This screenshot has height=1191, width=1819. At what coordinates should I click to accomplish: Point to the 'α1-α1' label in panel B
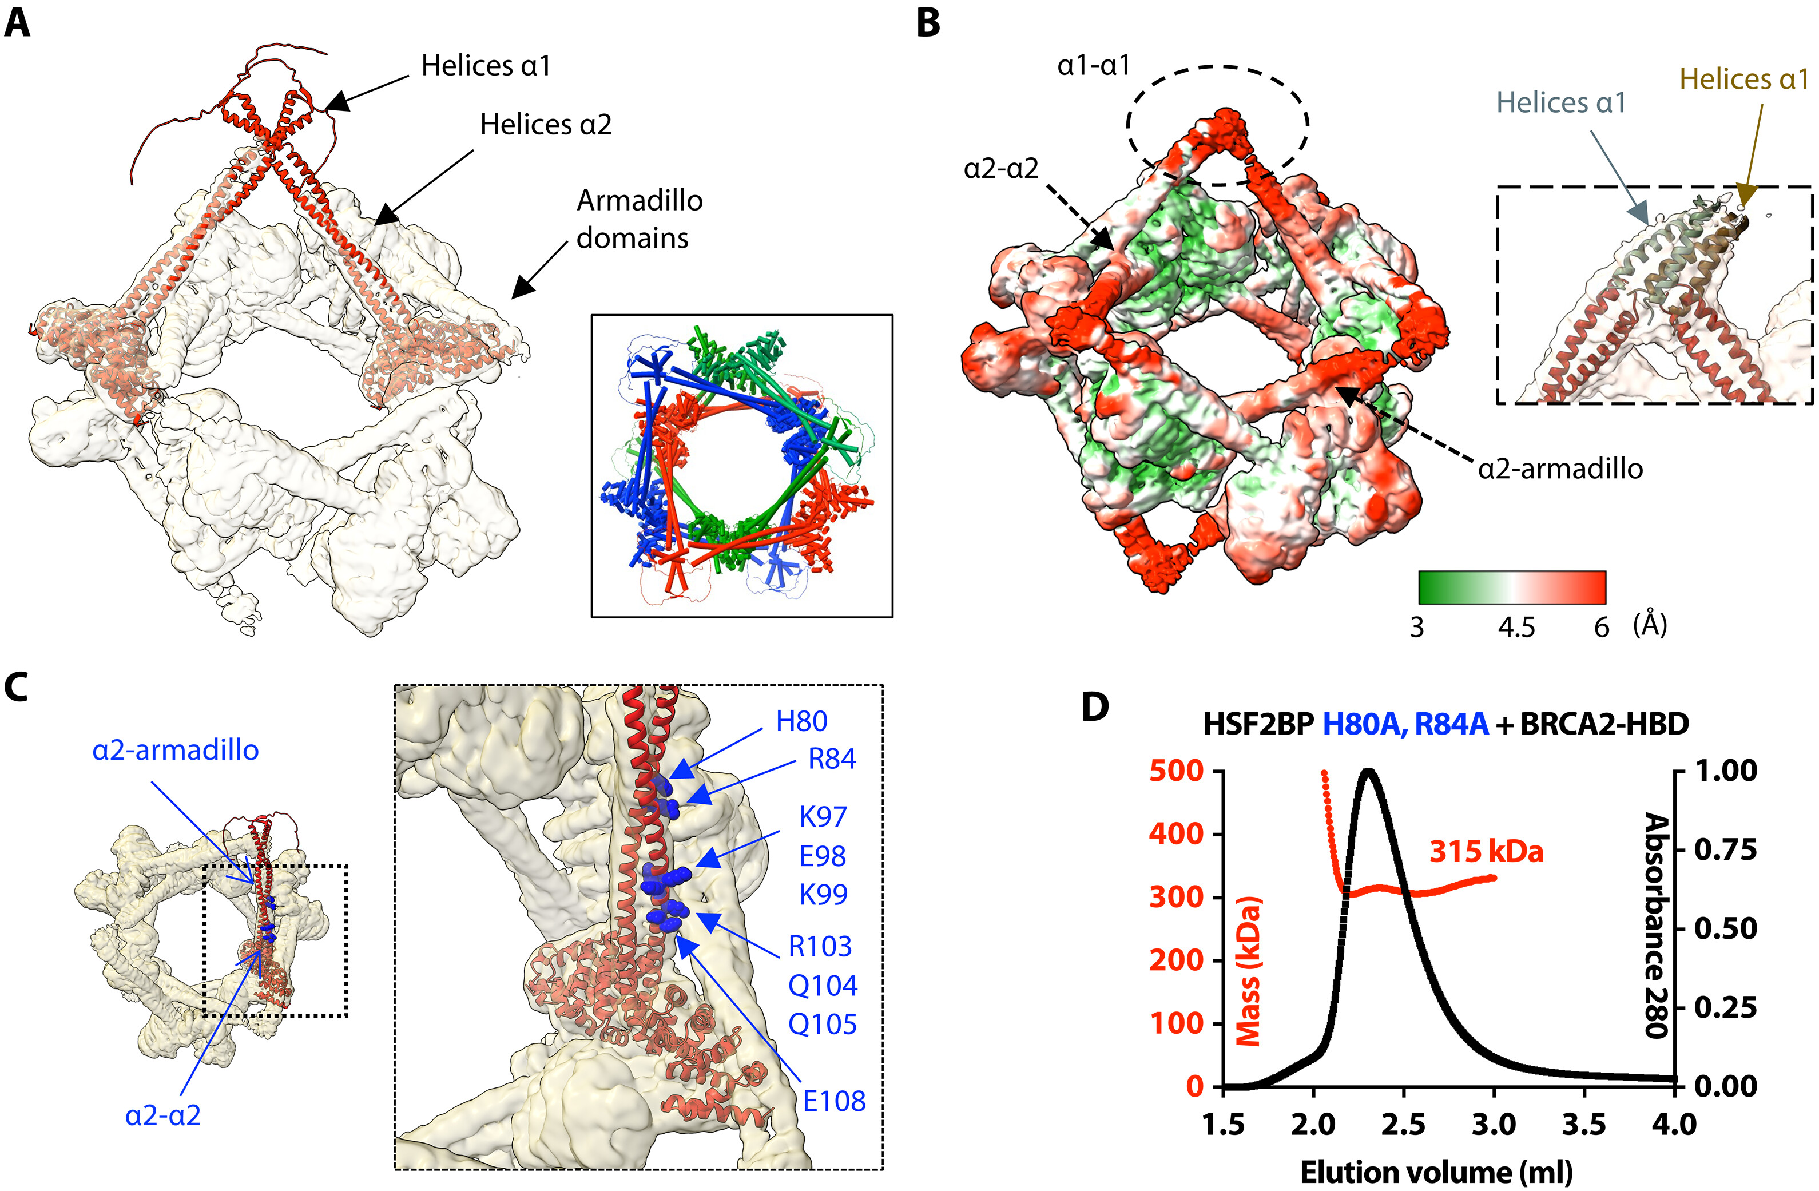click(x=1093, y=66)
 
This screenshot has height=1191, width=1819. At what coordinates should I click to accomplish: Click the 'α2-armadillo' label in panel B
click(x=1560, y=468)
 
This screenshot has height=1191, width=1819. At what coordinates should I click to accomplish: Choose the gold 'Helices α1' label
click(x=1744, y=80)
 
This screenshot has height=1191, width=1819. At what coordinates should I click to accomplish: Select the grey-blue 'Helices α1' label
click(x=1560, y=102)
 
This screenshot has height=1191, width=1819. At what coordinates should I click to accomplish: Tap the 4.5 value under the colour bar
click(x=1516, y=628)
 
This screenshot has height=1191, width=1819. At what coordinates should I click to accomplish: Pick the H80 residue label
click(x=801, y=721)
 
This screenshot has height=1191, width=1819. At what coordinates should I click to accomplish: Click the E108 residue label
click(x=834, y=1101)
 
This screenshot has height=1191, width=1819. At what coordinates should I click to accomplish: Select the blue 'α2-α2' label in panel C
click(x=163, y=1115)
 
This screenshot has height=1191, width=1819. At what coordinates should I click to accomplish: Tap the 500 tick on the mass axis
click(x=1176, y=771)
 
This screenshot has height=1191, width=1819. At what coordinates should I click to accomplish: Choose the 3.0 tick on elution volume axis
click(x=1494, y=1125)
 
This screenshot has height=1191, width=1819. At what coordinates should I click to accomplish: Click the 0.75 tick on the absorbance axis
click(x=1726, y=849)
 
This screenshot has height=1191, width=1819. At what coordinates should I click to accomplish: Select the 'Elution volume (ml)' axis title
click(x=1436, y=1171)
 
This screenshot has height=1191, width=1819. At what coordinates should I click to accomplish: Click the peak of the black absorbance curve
click(x=1369, y=771)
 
